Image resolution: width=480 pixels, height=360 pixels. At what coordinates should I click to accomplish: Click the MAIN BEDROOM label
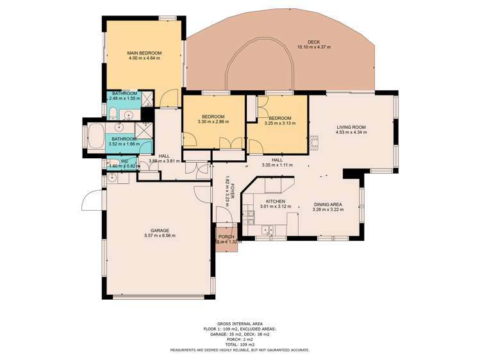(x=144, y=53)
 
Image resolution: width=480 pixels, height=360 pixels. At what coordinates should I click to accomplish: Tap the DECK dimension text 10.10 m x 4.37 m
(x=313, y=47)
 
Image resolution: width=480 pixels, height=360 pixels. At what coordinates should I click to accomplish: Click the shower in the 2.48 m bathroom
(x=147, y=98)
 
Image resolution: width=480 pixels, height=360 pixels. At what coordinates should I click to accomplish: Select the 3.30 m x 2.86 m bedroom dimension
(x=213, y=122)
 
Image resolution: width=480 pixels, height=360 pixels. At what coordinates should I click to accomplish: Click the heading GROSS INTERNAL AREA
(x=240, y=324)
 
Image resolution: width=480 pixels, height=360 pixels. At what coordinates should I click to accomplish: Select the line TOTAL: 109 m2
(x=240, y=345)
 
